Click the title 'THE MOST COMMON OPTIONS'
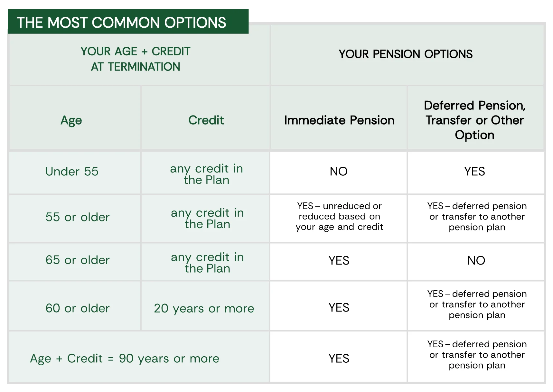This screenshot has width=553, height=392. click(121, 23)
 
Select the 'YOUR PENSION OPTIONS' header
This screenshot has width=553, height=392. click(406, 54)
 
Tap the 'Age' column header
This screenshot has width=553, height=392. click(71, 120)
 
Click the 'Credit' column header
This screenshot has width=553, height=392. click(206, 120)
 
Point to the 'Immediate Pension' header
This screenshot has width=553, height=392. click(339, 120)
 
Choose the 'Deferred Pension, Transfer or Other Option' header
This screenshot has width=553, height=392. click(474, 120)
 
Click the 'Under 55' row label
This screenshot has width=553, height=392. click(72, 171)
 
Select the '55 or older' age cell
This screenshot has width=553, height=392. click(78, 217)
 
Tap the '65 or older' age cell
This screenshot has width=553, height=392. click(78, 260)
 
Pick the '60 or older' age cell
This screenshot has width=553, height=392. click(78, 308)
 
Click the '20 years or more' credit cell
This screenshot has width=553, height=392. click(204, 308)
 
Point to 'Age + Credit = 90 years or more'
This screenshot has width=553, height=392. click(125, 358)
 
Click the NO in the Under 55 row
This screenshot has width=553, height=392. click(339, 171)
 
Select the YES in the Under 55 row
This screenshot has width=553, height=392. click(474, 171)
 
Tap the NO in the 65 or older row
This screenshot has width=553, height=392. click(476, 260)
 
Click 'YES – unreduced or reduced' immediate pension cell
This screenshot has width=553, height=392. click(339, 216)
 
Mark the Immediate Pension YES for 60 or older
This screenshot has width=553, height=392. click(339, 307)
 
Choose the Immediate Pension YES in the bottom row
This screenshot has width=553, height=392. click(339, 358)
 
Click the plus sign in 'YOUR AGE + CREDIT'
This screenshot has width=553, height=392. click(144, 51)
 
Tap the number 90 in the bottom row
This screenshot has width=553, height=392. click(126, 358)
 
